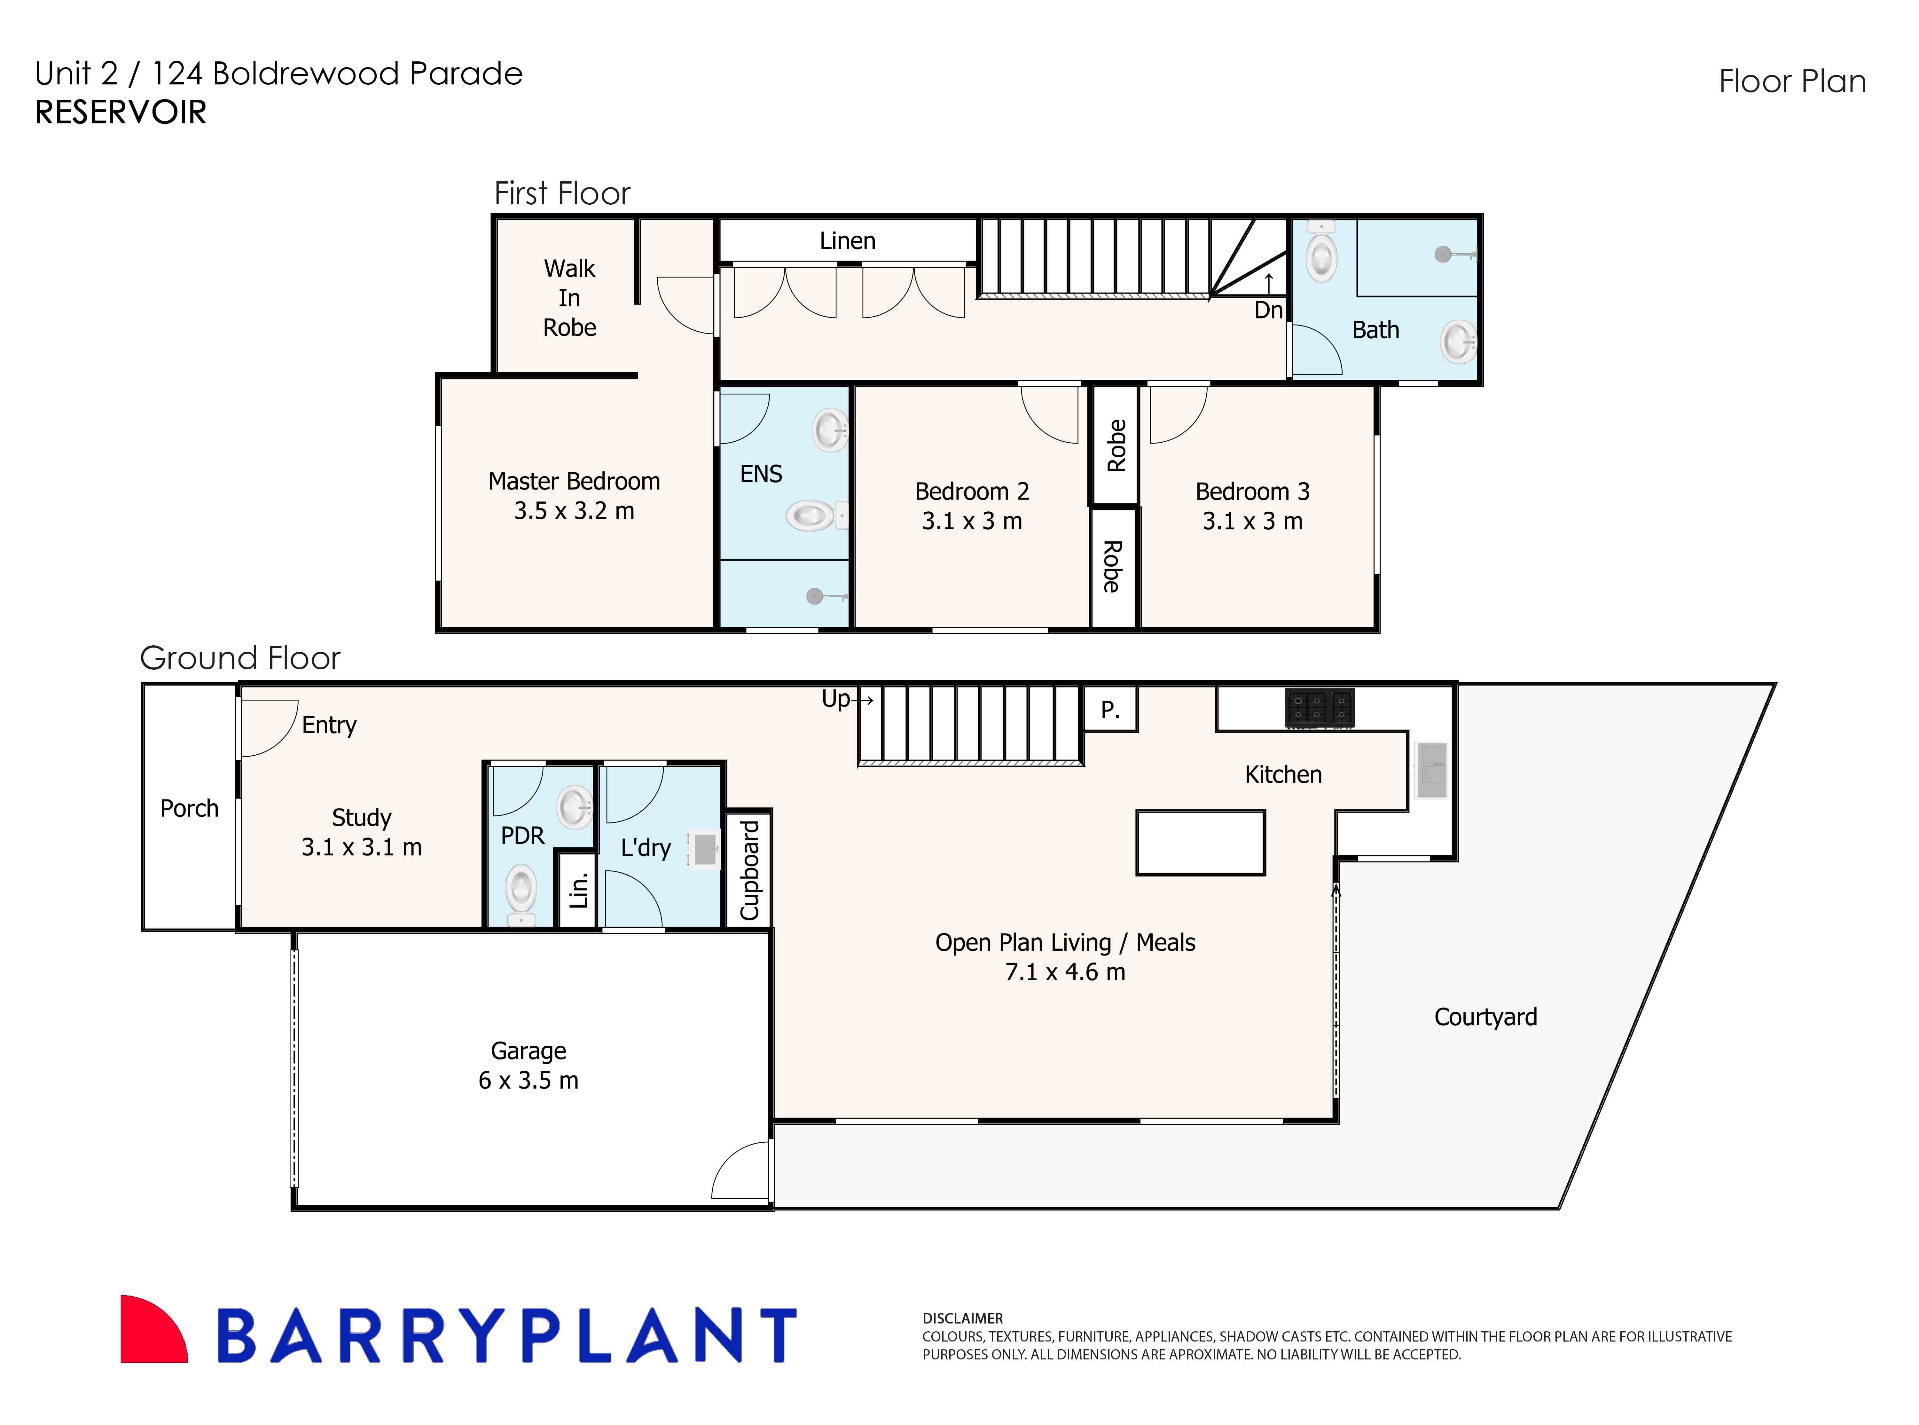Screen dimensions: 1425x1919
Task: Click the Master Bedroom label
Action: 574,481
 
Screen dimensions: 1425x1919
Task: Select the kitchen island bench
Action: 1200,843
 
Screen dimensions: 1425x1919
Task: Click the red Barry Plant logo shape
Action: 151,1331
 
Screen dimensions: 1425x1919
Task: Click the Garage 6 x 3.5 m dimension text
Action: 528,1080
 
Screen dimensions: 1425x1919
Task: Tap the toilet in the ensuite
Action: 811,516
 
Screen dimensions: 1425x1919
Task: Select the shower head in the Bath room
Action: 1443,255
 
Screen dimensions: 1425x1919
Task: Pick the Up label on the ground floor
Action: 835,699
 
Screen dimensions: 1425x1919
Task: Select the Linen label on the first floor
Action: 847,241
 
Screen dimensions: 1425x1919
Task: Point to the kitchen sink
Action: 1432,769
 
